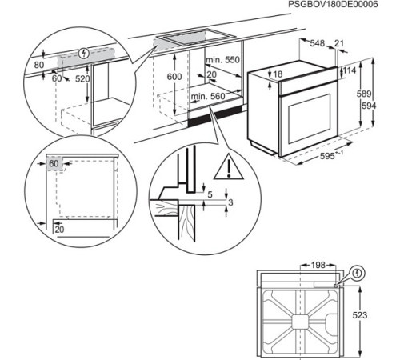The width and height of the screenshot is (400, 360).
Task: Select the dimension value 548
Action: coord(318,42)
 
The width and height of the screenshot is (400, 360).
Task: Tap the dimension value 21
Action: coord(339,42)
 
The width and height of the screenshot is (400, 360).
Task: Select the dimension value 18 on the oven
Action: coord(278,74)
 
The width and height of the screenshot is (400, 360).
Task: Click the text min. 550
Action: coord(222,61)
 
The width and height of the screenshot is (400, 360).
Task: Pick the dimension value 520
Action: coord(82,80)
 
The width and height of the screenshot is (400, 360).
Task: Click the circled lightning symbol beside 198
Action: coord(358,273)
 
